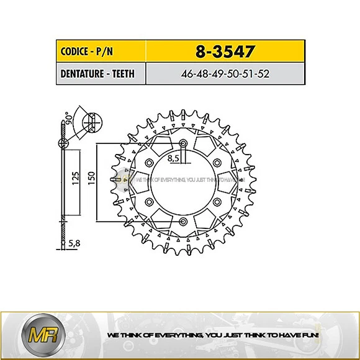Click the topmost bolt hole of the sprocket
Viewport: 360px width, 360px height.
pos(183,145)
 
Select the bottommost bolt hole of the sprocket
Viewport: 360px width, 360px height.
pos(183,220)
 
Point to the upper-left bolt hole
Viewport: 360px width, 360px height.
pos(150,163)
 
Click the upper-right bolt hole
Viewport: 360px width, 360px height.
pos(216,163)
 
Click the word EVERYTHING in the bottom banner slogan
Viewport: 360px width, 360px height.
pos(184,335)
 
